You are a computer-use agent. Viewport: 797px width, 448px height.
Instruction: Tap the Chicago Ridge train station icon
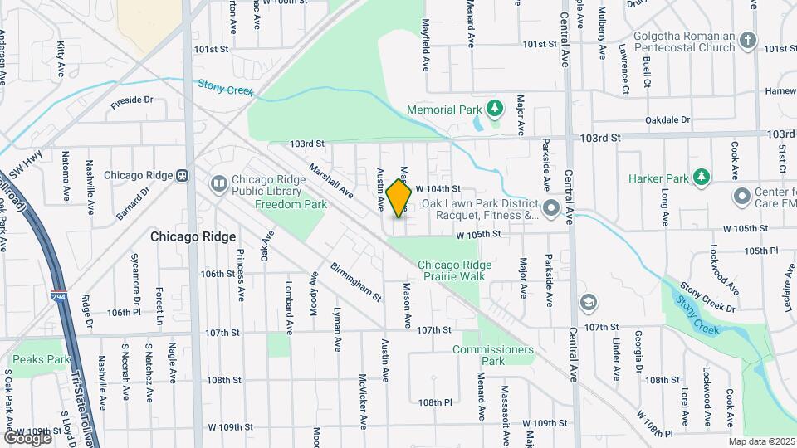click(182, 176)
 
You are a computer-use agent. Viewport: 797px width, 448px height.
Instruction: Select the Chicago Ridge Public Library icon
click(218, 183)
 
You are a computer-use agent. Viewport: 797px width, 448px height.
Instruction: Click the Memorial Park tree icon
click(495, 109)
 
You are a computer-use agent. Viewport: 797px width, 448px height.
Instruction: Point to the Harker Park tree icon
click(702, 177)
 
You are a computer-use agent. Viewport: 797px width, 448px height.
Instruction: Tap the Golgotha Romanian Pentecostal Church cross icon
click(748, 40)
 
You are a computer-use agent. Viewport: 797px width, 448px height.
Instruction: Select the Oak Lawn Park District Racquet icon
click(550, 207)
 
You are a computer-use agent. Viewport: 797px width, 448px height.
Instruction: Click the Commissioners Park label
click(493, 355)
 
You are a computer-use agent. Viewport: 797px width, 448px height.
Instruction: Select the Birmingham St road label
click(355, 282)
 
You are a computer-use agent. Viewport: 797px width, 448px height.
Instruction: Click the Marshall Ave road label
click(330, 181)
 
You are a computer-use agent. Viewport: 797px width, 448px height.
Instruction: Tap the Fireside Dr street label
click(131, 100)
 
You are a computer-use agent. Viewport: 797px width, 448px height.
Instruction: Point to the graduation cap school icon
click(589, 301)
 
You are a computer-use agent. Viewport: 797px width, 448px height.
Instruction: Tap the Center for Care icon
click(741, 197)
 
